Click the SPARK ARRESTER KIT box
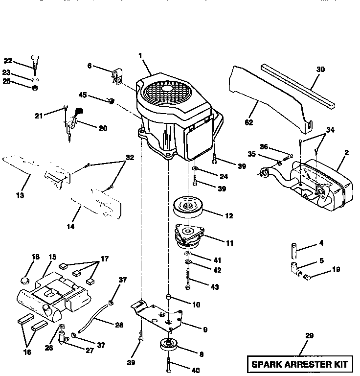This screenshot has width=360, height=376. [300, 364]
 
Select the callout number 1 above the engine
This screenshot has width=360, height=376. [140, 56]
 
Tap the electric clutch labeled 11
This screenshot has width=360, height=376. [191, 236]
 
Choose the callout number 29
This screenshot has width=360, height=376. [309, 336]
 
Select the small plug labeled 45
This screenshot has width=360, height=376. [111, 101]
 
